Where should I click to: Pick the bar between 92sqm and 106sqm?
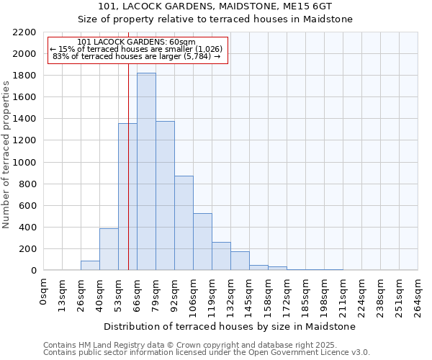pos(184,223)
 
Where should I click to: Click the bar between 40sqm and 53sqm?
pos(109,249)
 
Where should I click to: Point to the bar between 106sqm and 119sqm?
pos(202,242)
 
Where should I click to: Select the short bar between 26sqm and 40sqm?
pos(90,266)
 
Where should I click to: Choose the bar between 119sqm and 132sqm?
pos(221,256)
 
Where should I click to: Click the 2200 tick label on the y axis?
pos(24,32)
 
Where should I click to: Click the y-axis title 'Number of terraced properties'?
pos(6,155)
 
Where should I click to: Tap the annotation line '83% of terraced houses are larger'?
pos(137,56)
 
